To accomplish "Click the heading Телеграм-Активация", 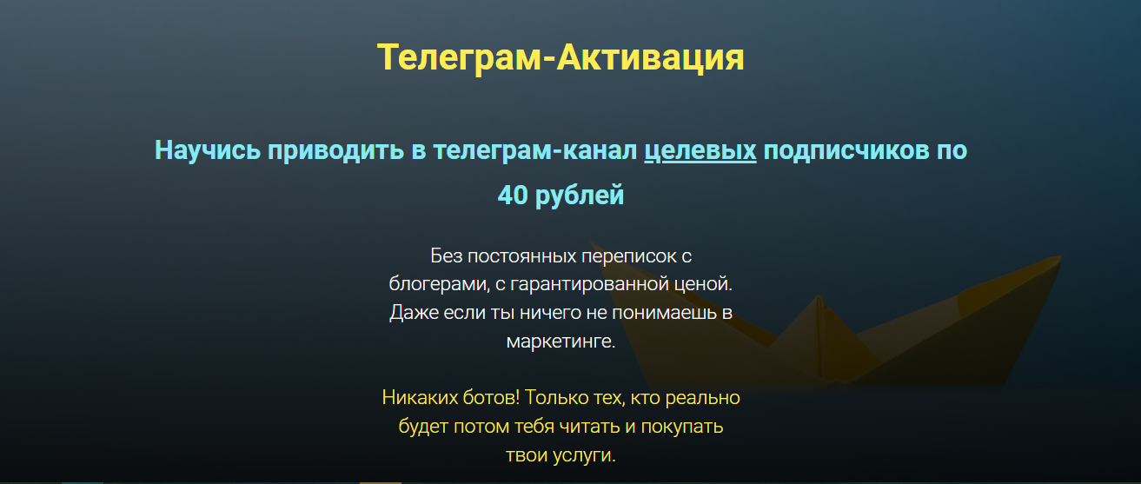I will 561,57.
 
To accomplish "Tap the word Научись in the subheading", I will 207,150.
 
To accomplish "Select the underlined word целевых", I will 700,150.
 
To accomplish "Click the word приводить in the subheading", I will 335,150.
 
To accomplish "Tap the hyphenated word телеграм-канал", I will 527,150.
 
